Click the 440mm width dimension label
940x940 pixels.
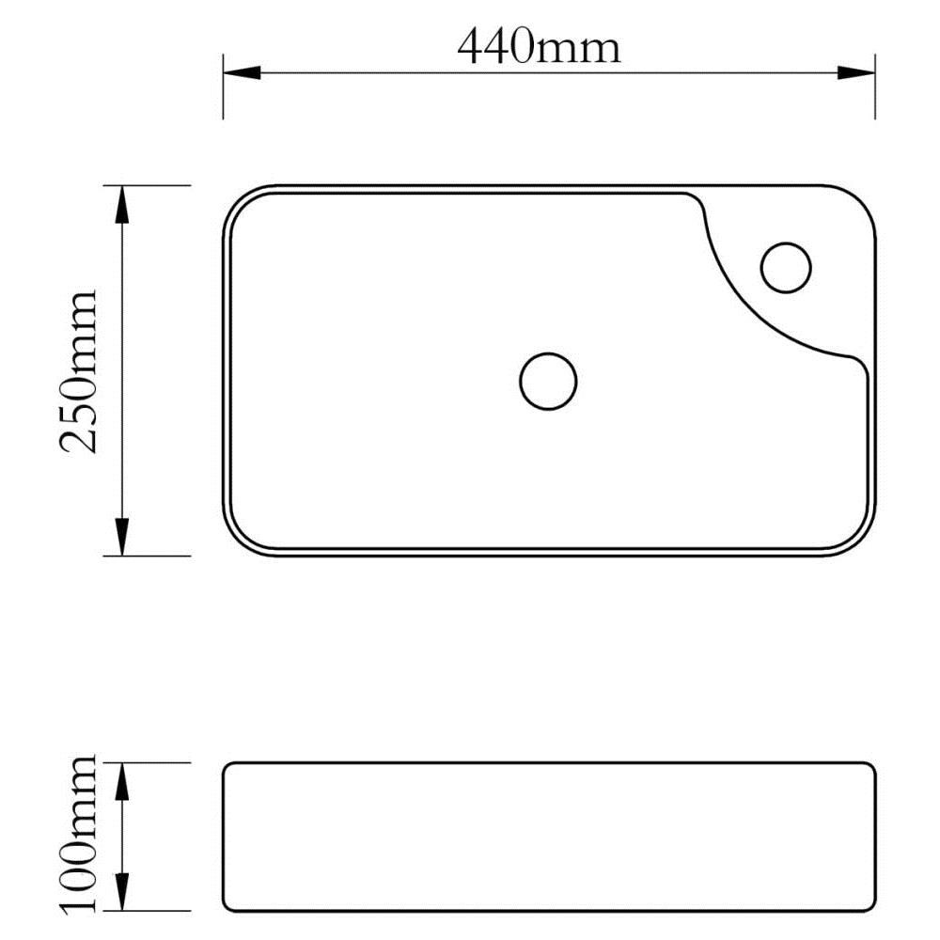pos(539,47)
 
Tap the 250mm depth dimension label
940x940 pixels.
pos(79,371)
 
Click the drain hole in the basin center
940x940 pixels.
pos(548,382)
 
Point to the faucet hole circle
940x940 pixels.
pos(786,268)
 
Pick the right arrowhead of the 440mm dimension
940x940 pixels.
pos(856,73)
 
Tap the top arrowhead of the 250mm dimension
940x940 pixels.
pos(122,204)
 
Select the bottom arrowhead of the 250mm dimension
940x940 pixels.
pos(122,537)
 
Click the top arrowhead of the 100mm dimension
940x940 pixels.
pos(122,782)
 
